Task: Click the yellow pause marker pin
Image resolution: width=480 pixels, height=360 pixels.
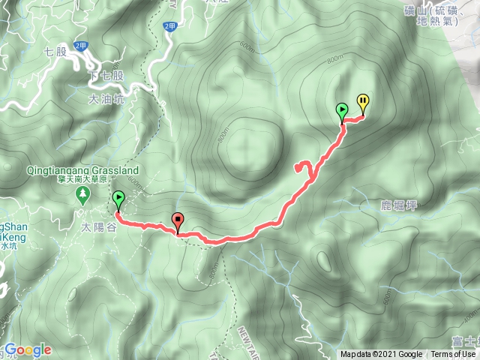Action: (x=363, y=101)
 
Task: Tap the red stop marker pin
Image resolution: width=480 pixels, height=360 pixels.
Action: (x=178, y=220)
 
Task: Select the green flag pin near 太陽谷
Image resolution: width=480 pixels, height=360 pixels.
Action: (x=119, y=199)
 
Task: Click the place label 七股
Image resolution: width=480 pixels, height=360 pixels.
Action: (x=56, y=52)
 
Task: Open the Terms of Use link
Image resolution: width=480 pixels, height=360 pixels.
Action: (x=453, y=354)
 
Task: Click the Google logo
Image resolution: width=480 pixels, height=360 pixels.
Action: (x=28, y=349)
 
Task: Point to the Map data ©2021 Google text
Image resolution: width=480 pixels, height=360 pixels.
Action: (x=381, y=354)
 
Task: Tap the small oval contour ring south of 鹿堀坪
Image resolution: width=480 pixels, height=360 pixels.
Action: (x=324, y=260)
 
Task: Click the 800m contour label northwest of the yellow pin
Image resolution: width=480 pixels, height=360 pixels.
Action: (x=335, y=58)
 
